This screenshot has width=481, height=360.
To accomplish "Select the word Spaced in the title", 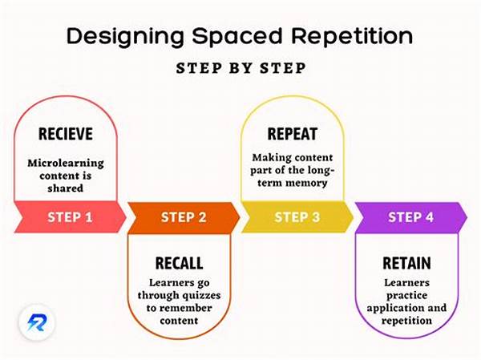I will pyautogui.click(x=227, y=35).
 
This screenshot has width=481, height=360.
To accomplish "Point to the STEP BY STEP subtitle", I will pyautogui.click(x=241, y=68).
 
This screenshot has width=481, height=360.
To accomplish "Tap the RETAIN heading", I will pyautogui.click(x=406, y=263).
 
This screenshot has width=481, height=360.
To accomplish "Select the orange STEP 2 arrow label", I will pyautogui.click(x=183, y=216).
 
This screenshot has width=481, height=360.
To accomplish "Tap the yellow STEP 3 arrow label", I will pyautogui.click(x=297, y=216).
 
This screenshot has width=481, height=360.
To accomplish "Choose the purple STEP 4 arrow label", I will pyautogui.click(x=410, y=216).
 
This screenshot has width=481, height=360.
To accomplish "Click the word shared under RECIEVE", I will pyautogui.click(x=67, y=190).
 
